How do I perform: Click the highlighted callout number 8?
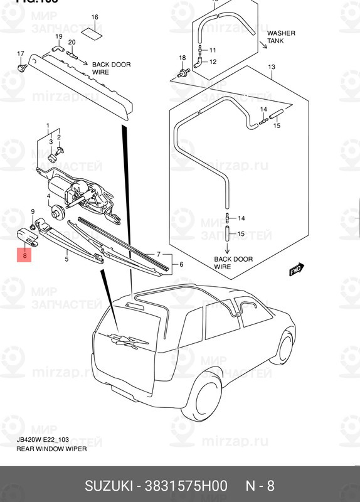tap(24, 255)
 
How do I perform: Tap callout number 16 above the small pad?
tap(95, 17)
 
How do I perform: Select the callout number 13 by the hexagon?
tap(272, 67)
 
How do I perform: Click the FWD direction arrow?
tap(296, 271)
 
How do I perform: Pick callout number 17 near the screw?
tap(20, 53)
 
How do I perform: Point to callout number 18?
tap(183, 58)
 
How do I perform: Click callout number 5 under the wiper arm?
tap(66, 258)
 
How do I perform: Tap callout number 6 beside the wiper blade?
tap(181, 265)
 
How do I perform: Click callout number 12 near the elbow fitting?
tap(213, 61)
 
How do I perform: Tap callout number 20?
tap(71, 42)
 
